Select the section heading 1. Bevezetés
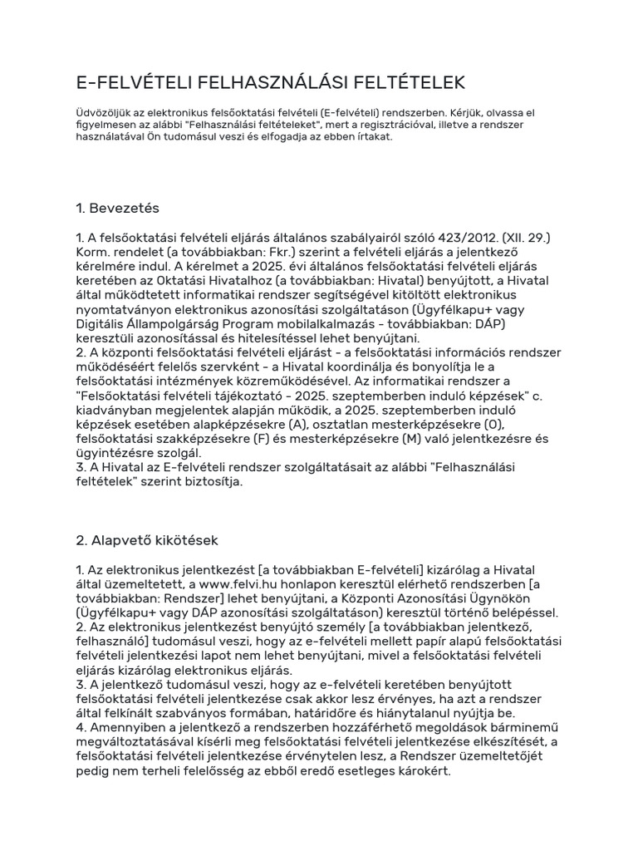point(117,207)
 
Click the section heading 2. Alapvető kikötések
point(147,540)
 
